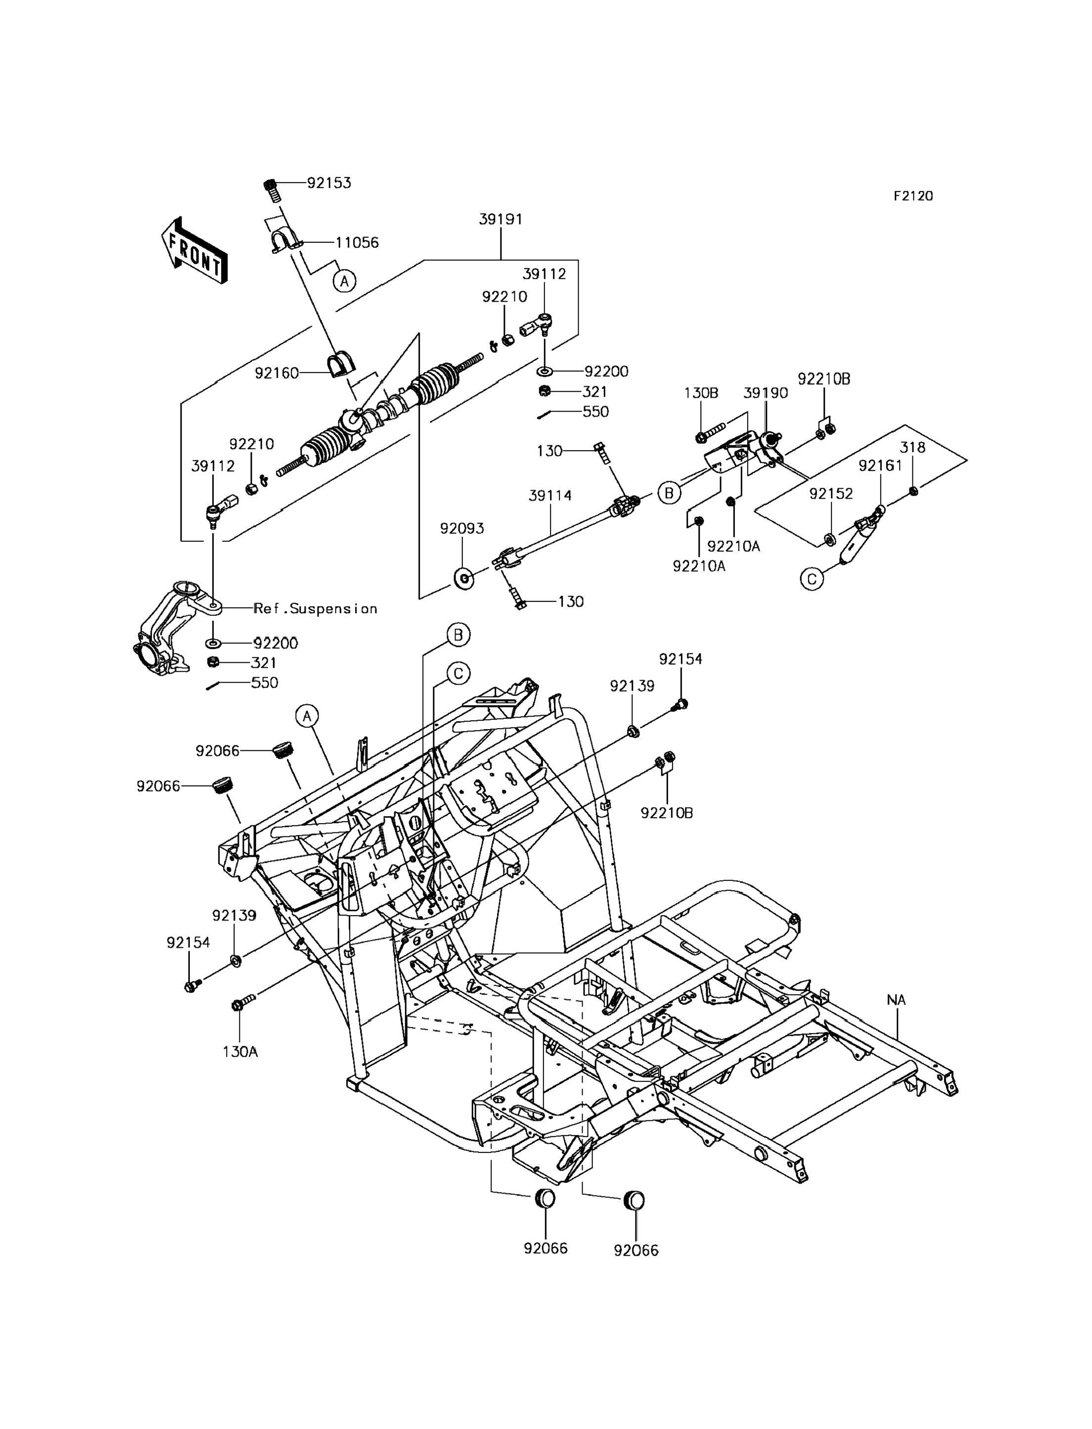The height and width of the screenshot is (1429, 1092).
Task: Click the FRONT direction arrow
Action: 194,251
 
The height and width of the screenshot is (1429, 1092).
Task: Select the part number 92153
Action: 329,183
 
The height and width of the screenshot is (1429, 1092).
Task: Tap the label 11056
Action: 357,242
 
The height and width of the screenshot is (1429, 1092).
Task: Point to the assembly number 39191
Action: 500,219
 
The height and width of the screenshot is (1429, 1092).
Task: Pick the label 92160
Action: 276,372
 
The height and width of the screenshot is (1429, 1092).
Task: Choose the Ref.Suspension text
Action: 316,608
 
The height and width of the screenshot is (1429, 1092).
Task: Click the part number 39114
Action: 550,496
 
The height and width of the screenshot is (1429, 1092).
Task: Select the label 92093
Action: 462,529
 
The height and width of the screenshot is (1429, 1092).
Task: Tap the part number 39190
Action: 766,393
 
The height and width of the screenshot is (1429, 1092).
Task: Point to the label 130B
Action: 701,393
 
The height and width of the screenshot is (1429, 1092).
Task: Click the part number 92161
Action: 880,465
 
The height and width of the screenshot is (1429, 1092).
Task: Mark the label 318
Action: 912,447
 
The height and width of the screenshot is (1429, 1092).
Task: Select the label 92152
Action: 831,494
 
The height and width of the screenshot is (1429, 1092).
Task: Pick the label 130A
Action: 240,1051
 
